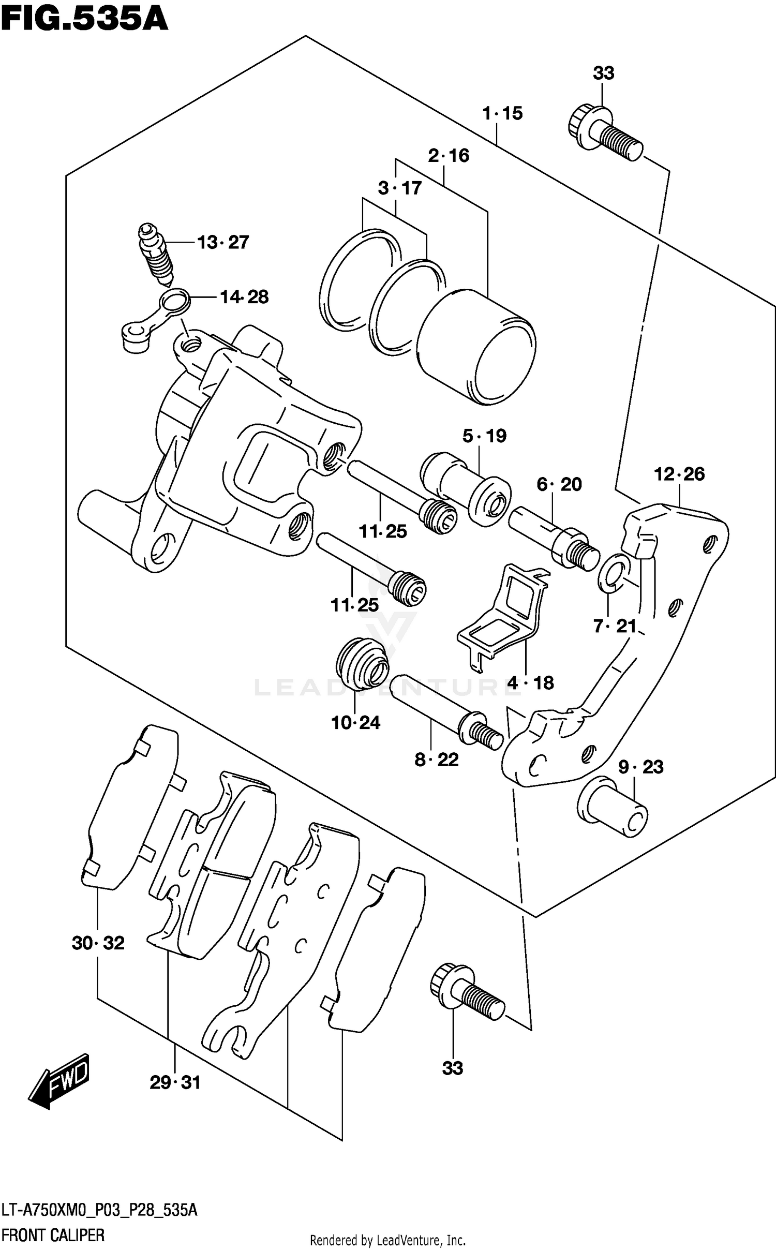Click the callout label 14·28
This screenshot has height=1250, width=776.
click(244, 297)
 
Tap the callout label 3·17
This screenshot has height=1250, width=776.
click(399, 188)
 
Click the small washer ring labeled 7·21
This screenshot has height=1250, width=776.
click(614, 573)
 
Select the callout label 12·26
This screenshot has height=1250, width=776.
click(679, 474)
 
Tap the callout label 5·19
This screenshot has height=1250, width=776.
click(484, 436)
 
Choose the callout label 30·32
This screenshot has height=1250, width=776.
click(98, 943)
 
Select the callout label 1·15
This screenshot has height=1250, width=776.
click(502, 113)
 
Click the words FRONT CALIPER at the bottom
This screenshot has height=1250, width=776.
click(53, 1235)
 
